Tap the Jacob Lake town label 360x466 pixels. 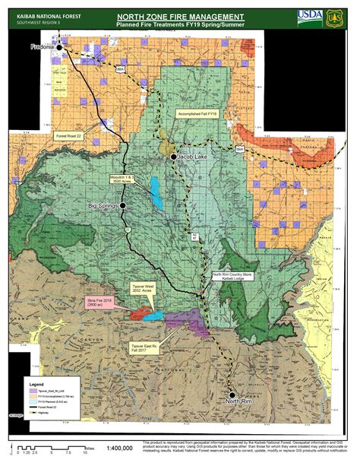[197, 157]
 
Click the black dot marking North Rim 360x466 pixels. [232, 394]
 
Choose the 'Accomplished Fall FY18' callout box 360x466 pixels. [197, 113]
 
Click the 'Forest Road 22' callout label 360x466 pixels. [72, 135]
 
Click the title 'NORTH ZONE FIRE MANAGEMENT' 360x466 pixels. [181, 15]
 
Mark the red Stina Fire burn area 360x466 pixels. [137, 312]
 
